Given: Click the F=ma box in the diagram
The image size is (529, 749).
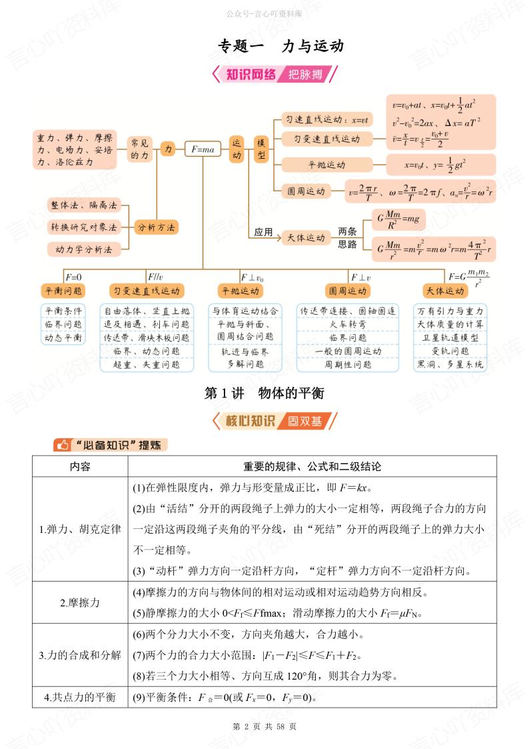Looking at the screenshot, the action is (x=202, y=150).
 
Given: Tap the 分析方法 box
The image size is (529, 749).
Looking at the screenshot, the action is (x=157, y=227).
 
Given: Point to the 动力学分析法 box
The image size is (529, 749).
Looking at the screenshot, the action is (x=80, y=249).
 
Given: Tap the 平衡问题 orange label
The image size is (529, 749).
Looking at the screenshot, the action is (x=63, y=291).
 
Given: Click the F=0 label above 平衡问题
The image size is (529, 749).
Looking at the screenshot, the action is (x=73, y=276).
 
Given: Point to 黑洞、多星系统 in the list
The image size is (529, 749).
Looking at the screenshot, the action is (x=450, y=365).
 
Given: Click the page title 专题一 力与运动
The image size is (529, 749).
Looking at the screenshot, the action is (x=280, y=47).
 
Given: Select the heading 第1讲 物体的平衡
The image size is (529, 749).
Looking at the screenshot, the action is (x=264, y=394).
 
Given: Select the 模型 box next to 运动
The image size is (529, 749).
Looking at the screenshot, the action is (x=261, y=149).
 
